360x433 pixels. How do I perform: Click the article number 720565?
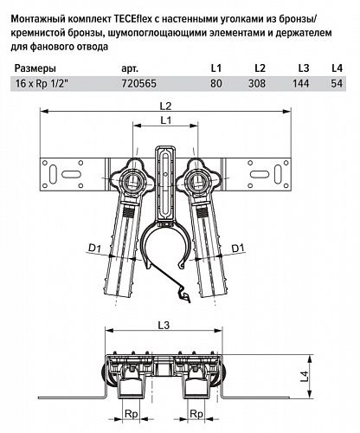139,84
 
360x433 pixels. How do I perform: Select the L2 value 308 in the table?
257,84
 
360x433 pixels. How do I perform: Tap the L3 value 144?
300,84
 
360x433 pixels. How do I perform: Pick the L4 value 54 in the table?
337,84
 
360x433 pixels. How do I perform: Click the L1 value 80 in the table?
216,84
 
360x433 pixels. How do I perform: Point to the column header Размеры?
35,68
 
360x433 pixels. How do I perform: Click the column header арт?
130,69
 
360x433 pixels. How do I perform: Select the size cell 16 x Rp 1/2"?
42,84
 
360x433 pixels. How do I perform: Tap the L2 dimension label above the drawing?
165,106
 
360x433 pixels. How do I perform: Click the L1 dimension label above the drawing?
165,120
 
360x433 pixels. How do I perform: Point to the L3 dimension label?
164,326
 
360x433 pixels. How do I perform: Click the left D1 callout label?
95,248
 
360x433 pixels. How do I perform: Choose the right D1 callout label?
238,248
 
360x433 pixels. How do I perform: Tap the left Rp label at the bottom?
132,414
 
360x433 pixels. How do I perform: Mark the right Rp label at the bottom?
196,414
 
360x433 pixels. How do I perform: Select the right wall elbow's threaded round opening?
196,182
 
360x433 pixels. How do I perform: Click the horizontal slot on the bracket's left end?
70,174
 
